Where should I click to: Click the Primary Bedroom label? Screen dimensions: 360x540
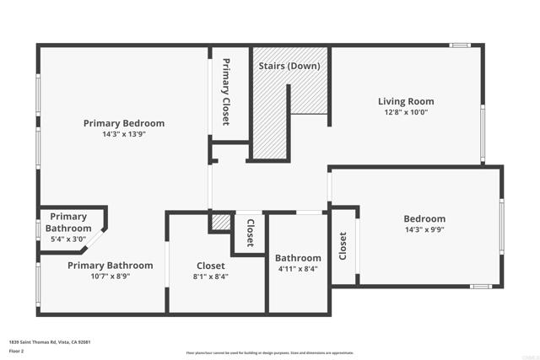point(124,123)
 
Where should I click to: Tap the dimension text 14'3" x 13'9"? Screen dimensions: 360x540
point(124,134)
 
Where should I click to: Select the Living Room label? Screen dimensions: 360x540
point(406,102)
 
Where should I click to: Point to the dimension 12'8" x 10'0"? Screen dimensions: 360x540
point(406,113)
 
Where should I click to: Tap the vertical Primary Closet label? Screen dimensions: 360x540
point(226,92)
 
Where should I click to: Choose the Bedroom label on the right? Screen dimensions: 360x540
point(424,219)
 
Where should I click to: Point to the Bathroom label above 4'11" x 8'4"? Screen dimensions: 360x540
point(298,258)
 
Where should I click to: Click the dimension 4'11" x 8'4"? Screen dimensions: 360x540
point(298,270)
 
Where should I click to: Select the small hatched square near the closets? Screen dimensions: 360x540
point(222,223)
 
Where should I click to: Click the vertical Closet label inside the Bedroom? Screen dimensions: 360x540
point(343,246)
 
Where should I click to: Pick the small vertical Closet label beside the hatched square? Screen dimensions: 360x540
point(251,233)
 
